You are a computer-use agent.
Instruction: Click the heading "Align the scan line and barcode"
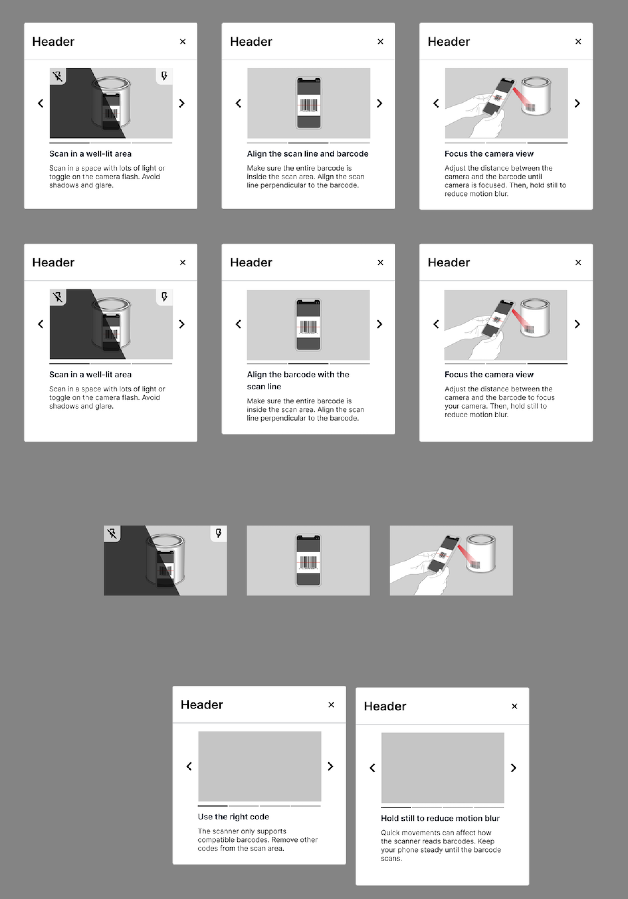(x=307, y=154)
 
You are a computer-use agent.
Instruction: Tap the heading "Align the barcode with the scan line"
(x=298, y=380)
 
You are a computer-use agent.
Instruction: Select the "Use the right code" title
(x=233, y=817)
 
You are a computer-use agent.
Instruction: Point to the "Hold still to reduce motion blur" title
(x=440, y=818)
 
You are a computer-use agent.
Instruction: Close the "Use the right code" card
(x=331, y=705)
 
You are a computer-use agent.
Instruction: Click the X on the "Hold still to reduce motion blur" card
(x=514, y=706)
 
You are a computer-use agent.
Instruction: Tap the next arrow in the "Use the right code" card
(x=330, y=766)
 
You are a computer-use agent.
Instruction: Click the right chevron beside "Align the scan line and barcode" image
(x=379, y=103)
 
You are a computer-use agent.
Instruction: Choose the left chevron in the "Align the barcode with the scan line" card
(x=238, y=324)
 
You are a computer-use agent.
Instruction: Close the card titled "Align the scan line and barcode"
(x=380, y=41)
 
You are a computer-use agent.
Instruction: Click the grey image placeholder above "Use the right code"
(x=259, y=766)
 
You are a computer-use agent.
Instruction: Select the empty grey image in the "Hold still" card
(x=443, y=768)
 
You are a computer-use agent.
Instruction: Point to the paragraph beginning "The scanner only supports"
(x=258, y=839)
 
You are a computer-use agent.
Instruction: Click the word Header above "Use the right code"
(x=202, y=705)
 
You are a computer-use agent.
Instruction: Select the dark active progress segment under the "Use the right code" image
(x=213, y=806)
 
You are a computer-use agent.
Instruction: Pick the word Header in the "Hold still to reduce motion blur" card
(x=385, y=706)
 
